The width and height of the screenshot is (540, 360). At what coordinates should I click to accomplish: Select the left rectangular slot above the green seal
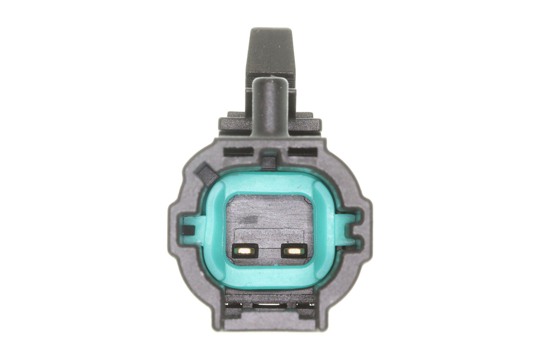[239, 151]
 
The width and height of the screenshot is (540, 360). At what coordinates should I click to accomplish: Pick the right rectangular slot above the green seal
[302, 151]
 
